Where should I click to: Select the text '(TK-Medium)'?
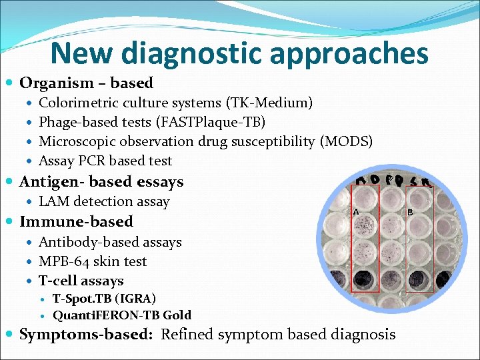[269, 103]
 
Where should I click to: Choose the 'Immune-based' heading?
[76, 221]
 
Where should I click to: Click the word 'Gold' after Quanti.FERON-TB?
[177, 315]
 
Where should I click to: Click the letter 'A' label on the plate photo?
[357, 211]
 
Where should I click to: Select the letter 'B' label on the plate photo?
[409, 212]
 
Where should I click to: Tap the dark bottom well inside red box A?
[364, 277]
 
